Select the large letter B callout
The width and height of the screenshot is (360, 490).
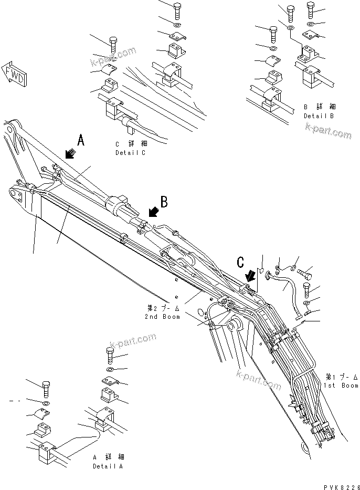tap(164, 201)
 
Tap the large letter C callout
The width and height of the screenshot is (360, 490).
tap(241, 262)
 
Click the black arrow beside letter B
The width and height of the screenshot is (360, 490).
tap(153, 212)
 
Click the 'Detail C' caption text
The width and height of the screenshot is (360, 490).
tap(131, 148)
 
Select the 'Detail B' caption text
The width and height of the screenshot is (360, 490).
tap(319, 111)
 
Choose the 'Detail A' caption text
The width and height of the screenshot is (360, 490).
tap(109, 462)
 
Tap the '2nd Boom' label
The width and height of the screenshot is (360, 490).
tap(162, 312)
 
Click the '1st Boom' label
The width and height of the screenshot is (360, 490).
tap(341, 381)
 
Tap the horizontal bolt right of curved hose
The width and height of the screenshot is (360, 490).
tap(306, 274)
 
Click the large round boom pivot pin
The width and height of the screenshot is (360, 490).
tap(234, 326)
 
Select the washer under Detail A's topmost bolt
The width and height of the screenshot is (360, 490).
tap(111, 371)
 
